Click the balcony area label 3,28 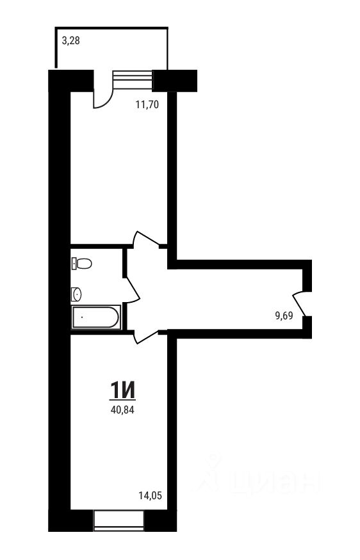pos(71,41)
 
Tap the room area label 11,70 pos(147,105)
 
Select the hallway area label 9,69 pos(284,316)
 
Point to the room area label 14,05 pos(150,496)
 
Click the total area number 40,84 pos(122,410)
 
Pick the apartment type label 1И pos(122,390)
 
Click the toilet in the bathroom pos(81,264)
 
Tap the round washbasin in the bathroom pos(76,294)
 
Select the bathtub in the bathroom pos(96,317)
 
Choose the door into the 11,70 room pos(145,239)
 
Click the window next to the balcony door pos(132,80)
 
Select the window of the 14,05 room pos(119,521)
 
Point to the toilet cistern pos(74,264)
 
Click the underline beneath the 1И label pos(122,400)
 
